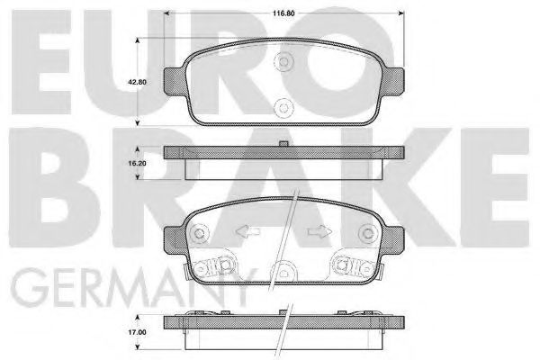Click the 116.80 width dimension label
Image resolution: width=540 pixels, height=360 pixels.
[x=283, y=13]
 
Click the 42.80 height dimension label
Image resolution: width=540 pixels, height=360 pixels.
[x=137, y=82]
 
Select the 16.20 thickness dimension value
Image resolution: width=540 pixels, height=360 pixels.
[x=137, y=163]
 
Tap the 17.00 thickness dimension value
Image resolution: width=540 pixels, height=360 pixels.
[x=137, y=332]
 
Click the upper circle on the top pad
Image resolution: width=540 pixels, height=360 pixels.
[x=283, y=62]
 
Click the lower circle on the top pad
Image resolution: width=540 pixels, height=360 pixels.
[x=283, y=108]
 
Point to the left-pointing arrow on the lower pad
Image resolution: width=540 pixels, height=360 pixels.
[x=247, y=231]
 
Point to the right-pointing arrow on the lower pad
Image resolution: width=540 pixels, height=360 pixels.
[x=319, y=231]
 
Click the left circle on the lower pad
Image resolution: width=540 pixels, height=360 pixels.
[x=200, y=234]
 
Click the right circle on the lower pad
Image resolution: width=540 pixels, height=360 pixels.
[x=368, y=234]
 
